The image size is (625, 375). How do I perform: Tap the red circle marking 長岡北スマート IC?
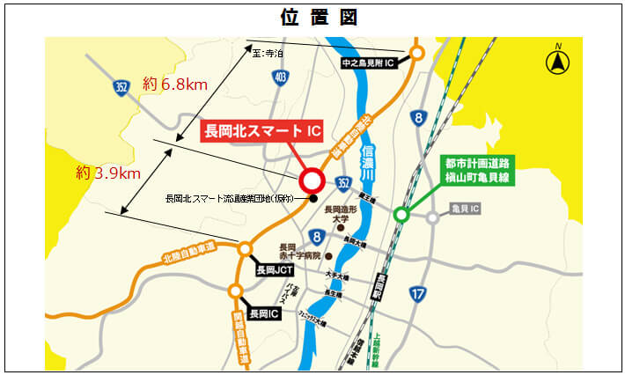(x=312, y=181)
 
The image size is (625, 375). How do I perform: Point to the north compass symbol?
(x=557, y=61)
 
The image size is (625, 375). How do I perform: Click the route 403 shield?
(x=280, y=78)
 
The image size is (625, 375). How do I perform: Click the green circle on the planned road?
(x=401, y=214)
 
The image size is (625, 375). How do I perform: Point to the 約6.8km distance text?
(x=173, y=85)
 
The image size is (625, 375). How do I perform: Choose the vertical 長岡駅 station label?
(x=380, y=290)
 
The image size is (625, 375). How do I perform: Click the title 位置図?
(x=312, y=17)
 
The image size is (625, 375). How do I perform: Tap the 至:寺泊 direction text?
(x=268, y=54)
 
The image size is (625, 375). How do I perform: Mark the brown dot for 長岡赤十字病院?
(x=328, y=256)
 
